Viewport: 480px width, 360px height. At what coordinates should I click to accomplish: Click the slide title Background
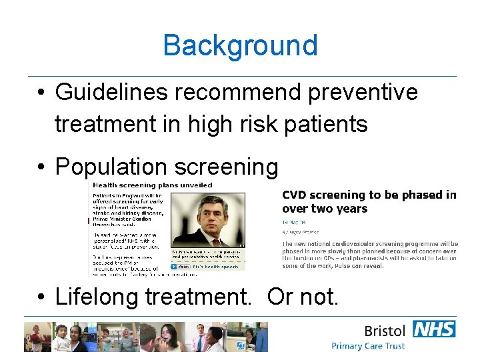[x=240, y=45]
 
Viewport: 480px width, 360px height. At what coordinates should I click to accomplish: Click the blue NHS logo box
[x=433, y=329]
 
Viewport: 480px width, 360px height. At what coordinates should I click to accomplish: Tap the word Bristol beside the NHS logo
[x=384, y=331]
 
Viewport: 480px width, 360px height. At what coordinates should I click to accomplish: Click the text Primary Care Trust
[x=368, y=346]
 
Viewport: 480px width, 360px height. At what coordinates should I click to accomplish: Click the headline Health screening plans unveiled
[x=152, y=185]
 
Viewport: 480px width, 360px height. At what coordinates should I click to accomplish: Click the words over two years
[x=325, y=209]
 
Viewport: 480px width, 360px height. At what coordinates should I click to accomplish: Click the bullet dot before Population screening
[x=41, y=167]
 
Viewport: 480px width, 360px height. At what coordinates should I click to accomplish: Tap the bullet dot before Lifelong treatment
[x=41, y=297]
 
